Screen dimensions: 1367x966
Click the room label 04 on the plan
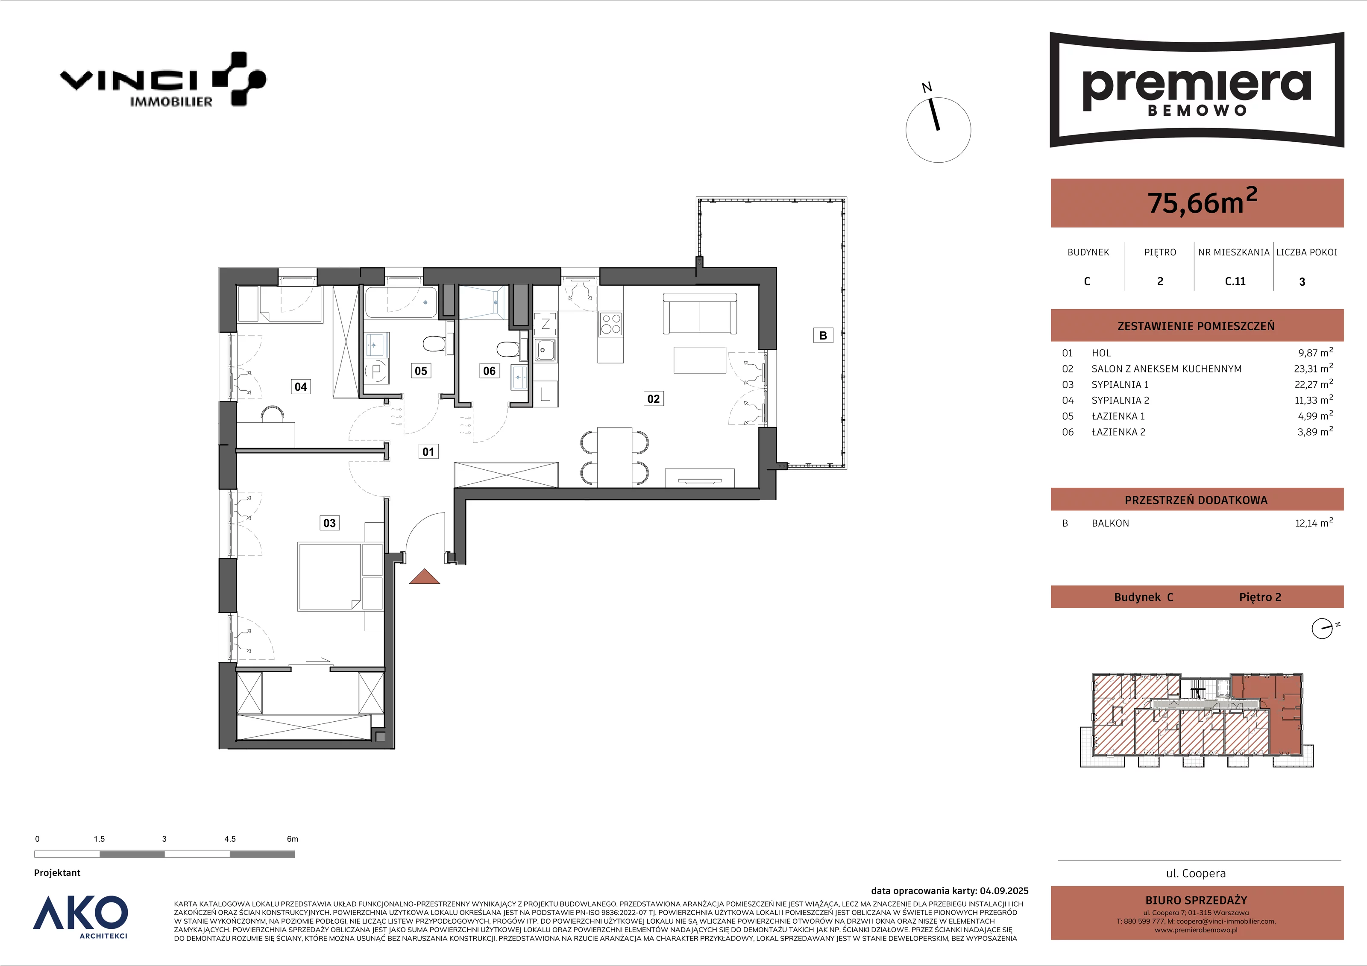click(x=301, y=387)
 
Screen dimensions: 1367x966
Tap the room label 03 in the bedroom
click(x=329, y=523)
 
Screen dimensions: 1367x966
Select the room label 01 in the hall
click(x=428, y=452)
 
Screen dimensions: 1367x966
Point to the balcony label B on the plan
click(x=823, y=336)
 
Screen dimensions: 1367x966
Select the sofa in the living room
click(x=700, y=313)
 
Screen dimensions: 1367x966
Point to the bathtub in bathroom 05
click(x=401, y=302)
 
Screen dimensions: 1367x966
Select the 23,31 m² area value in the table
click(x=1314, y=369)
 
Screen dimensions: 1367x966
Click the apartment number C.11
click(x=1235, y=281)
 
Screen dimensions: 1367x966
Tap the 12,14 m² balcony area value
click(x=1314, y=523)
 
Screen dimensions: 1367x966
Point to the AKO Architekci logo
click(x=80, y=916)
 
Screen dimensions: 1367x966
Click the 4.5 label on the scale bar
click(x=230, y=839)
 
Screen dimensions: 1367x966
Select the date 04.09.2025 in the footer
click(x=1004, y=891)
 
